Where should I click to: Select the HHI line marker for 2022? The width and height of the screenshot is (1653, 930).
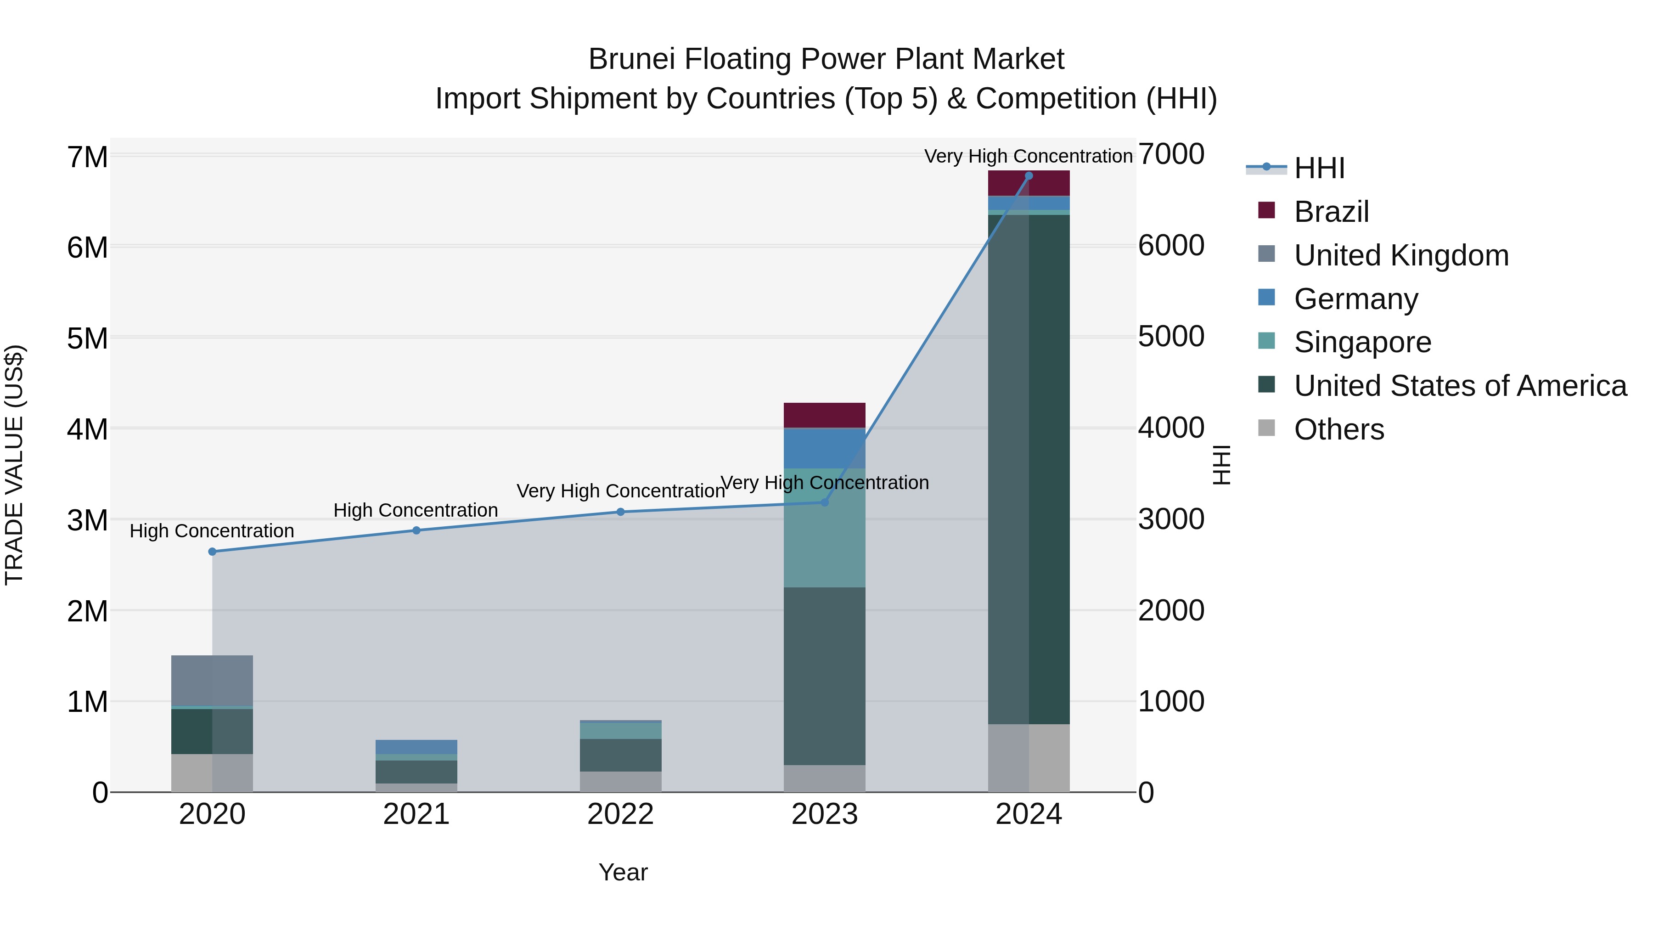[620, 512]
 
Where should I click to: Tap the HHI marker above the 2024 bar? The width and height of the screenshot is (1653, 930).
[1029, 176]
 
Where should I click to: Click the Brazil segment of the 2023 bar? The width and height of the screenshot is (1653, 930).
[825, 415]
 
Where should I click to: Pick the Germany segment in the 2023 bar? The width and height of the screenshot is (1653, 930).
[825, 448]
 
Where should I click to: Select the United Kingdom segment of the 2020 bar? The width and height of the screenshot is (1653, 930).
[213, 680]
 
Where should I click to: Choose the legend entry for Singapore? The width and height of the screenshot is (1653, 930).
[1362, 342]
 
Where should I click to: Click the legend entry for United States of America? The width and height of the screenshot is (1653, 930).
[1460, 386]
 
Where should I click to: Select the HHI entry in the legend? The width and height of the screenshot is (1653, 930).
[1319, 168]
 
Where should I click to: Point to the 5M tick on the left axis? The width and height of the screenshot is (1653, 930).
[88, 338]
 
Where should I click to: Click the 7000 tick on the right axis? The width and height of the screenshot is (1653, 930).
[1171, 155]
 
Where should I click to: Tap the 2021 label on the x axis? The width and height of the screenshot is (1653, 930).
[416, 814]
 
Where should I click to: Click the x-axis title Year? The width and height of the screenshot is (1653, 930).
[623, 872]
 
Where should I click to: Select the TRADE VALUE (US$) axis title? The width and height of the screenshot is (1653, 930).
[14, 465]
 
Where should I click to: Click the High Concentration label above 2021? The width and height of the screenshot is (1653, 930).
[416, 510]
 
